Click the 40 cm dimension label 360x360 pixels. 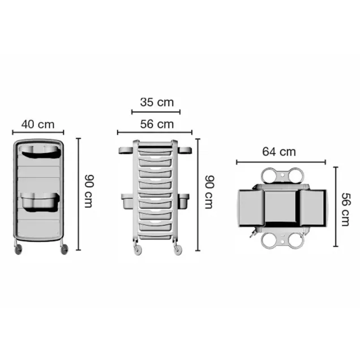[x=38, y=124]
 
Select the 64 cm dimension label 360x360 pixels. [x=279, y=152]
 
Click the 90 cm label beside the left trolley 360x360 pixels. [x=88, y=191]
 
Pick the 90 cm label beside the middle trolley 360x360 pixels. [x=209, y=191]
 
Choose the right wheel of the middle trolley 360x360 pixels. [x=178, y=248]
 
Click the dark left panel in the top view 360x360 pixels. [x=249, y=208]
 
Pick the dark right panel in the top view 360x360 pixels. [x=312, y=208]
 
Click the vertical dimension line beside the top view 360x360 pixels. [x=335, y=207]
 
